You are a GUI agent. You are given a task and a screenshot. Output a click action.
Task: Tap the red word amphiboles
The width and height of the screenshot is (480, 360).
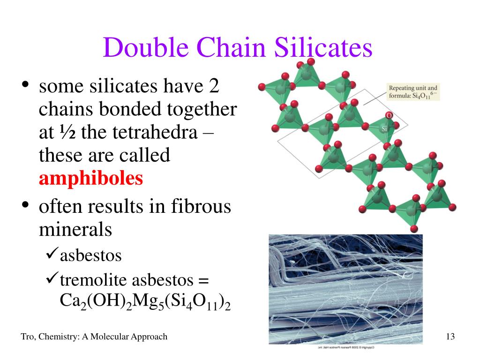pos(91,178)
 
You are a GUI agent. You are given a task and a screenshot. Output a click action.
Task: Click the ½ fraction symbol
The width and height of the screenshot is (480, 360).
pos(71,132)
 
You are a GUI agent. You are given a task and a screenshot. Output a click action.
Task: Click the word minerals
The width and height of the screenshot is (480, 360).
pos(75,229)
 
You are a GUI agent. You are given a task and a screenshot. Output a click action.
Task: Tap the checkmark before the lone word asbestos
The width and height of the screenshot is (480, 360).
pos(52,255)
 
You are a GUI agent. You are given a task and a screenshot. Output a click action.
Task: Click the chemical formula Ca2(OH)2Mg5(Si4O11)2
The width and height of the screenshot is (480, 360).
pos(145,302)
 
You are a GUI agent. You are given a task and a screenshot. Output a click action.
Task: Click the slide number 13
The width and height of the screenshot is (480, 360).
pos(451,337)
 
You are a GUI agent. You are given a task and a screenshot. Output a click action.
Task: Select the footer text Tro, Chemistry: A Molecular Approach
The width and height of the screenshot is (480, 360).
pos(94,337)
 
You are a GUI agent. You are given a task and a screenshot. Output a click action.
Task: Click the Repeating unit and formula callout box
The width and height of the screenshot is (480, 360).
pos(412,91)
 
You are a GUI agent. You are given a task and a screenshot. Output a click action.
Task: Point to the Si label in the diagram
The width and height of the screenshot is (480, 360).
pos(384,128)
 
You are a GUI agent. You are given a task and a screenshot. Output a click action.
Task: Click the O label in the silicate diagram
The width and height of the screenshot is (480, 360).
pos(388,115)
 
